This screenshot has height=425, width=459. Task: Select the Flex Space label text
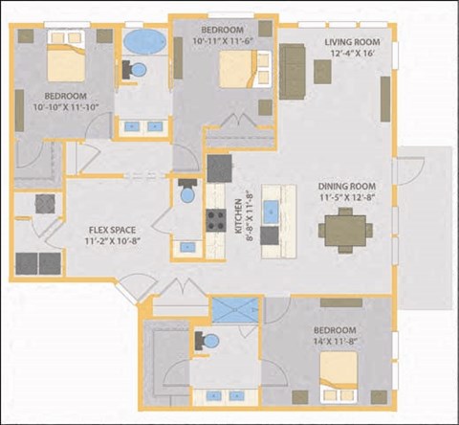point(111,230)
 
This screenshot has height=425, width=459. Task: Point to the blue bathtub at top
point(144,42)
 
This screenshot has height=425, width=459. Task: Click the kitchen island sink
point(271,208)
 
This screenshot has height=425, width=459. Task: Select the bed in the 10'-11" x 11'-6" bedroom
point(234,70)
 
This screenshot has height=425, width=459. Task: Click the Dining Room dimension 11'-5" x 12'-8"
point(346,199)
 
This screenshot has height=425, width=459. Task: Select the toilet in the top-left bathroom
point(137,72)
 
